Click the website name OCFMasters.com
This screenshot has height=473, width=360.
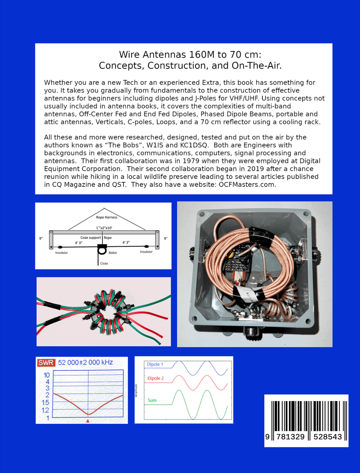(x=247, y=184)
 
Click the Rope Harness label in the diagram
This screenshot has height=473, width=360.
(x=107, y=217)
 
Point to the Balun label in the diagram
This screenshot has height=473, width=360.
(x=113, y=252)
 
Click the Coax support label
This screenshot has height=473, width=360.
(x=91, y=238)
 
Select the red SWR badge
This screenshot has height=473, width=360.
(x=46, y=362)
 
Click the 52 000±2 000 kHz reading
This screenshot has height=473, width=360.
(x=85, y=362)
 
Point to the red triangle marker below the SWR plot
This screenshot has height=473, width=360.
(x=88, y=421)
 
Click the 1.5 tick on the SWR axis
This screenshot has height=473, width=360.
(x=45, y=402)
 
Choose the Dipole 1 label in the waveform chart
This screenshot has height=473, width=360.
(x=155, y=364)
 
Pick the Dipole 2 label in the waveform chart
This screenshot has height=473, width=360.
(x=155, y=378)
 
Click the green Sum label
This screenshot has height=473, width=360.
(x=152, y=400)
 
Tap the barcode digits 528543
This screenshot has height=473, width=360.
(x=327, y=437)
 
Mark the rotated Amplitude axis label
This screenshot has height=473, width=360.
(x=136, y=390)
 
